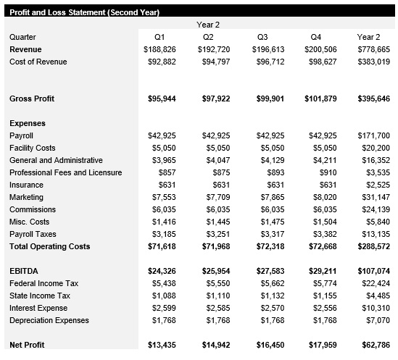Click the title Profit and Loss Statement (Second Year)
(85, 12)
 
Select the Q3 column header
(262, 37)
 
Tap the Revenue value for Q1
(159, 49)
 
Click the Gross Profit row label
(32, 99)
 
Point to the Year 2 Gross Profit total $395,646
(374, 99)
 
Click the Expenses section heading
(28, 123)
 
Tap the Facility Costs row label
(33, 148)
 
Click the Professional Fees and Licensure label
(66, 172)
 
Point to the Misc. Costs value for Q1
(164, 222)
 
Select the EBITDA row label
(23, 271)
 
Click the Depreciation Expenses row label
(49, 320)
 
